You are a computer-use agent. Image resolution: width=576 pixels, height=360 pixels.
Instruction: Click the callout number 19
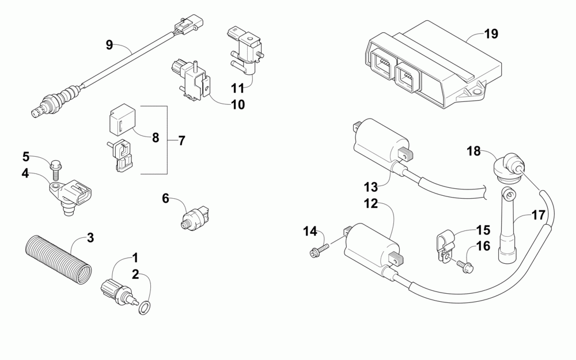[x=491, y=33]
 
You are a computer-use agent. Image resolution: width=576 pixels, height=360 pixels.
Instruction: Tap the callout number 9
[x=109, y=44]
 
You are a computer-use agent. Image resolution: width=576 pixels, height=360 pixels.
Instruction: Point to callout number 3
[x=90, y=237]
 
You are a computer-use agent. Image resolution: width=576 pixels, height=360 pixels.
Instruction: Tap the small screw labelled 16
[x=465, y=266]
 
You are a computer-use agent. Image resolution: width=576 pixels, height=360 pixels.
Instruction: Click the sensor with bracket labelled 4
[x=73, y=195]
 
